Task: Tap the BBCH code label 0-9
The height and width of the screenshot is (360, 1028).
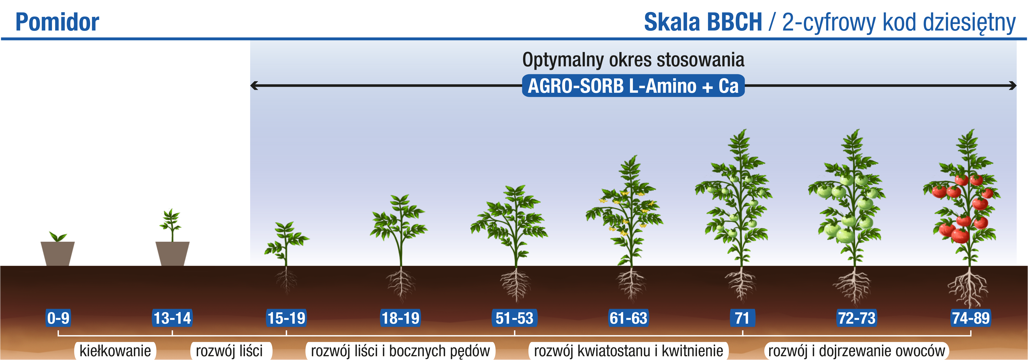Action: pyautogui.click(x=58, y=318)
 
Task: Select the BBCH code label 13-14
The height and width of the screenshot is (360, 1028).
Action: pyautogui.click(x=172, y=318)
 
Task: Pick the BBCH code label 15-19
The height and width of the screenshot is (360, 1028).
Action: pyautogui.click(x=286, y=318)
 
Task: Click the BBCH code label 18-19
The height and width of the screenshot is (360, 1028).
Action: pyautogui.click(x=401, y=318)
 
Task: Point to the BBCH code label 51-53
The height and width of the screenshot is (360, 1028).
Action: pyautogui.click(x=514, y=318)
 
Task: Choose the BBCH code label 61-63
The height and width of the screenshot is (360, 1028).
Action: pyautogui.click(x=628, y=318)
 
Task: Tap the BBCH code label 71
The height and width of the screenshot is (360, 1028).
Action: pyautogui.click(x=742, y=318)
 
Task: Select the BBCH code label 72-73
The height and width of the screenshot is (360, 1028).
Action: pyautogui.click(x=856, y=318)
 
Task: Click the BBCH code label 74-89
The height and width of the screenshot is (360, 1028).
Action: pyautogui.click(x=971, y=318)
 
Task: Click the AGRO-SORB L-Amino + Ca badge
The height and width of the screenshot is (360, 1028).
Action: pyautogui.click(x=633, y=86)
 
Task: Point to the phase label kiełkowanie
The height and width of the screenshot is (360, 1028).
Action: pyautogui.click(x=115, y=351)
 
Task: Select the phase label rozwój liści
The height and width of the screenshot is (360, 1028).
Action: pyautogui.click(x=229, y=351)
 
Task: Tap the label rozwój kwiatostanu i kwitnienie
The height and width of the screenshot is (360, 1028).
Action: pyautogui.click(x=628, y=351)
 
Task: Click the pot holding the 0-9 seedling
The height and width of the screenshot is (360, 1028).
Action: pyautogui.click(x=58, y=253)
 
